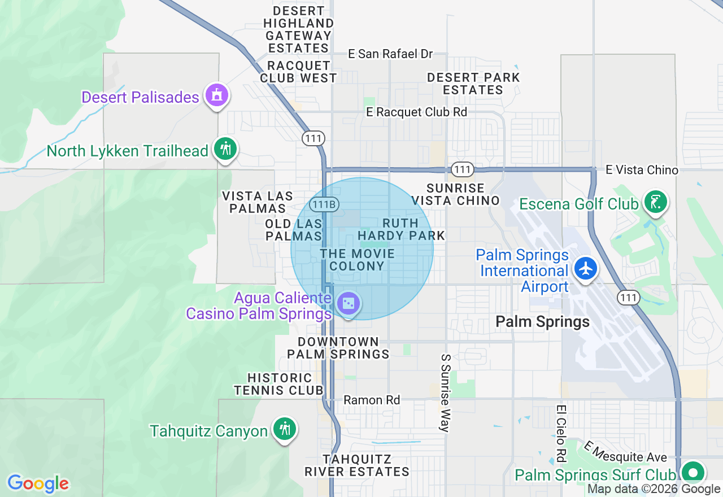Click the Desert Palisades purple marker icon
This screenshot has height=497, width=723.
click(x=216, y=95)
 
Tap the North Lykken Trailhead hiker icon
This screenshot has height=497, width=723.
click(x=225, y=149)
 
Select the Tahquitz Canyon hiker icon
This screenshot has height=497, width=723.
click(x=285, y=429)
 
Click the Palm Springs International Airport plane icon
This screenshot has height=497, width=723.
click(x=586, y=268)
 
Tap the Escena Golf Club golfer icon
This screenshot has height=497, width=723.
click(x=655, y=202)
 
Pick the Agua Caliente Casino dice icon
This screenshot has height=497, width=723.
click(x=349, y=304)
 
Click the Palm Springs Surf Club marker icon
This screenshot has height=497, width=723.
click(x=692, y=472)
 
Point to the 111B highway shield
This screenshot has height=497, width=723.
click(x=324, y=205)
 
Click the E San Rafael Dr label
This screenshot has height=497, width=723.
click(x=390, y=54)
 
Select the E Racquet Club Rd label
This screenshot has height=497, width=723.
click(x=417, y=112)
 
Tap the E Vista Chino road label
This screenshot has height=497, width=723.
click(x=642, y=169)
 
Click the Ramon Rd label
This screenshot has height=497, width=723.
click(x=372, y=400)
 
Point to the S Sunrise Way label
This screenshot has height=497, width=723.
click(x=445, y=393)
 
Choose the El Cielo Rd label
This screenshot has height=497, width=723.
click(x=561, y=433)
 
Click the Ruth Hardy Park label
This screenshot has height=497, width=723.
click(x=401, y=229)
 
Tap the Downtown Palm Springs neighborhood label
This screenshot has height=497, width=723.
click(x=338, y=348)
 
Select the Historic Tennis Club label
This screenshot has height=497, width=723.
click(x=279, y=383)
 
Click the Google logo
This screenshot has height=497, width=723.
click(x=38, y=483)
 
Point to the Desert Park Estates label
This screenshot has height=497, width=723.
click(x=473, y=84)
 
